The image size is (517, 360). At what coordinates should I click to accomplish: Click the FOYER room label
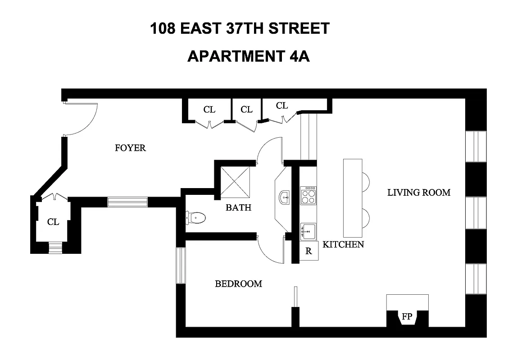tap(130, 148)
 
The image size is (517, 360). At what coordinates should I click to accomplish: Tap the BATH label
tap(238, 208)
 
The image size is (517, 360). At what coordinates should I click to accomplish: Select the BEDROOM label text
tap(238, 283)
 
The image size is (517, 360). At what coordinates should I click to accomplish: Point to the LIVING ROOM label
tap(419, 193)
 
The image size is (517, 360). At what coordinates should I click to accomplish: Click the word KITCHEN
tap(343, 244)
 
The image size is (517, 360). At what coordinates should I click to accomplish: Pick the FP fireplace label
tap(407, 316)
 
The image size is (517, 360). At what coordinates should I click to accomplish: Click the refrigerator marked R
tap(309, 251)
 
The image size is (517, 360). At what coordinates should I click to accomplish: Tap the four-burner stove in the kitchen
tap(309, 195)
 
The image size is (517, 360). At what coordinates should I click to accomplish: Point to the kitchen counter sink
tap(308, 231)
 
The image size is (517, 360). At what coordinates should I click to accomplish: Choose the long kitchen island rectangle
tap(353, 198)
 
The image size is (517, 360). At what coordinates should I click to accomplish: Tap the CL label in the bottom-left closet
tap(53, 222)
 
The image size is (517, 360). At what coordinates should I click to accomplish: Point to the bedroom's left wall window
tap(181, 265)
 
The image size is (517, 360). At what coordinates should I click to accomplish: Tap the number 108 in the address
tap(163, 29)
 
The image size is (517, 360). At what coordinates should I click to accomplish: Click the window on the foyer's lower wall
tap(127, 202)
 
